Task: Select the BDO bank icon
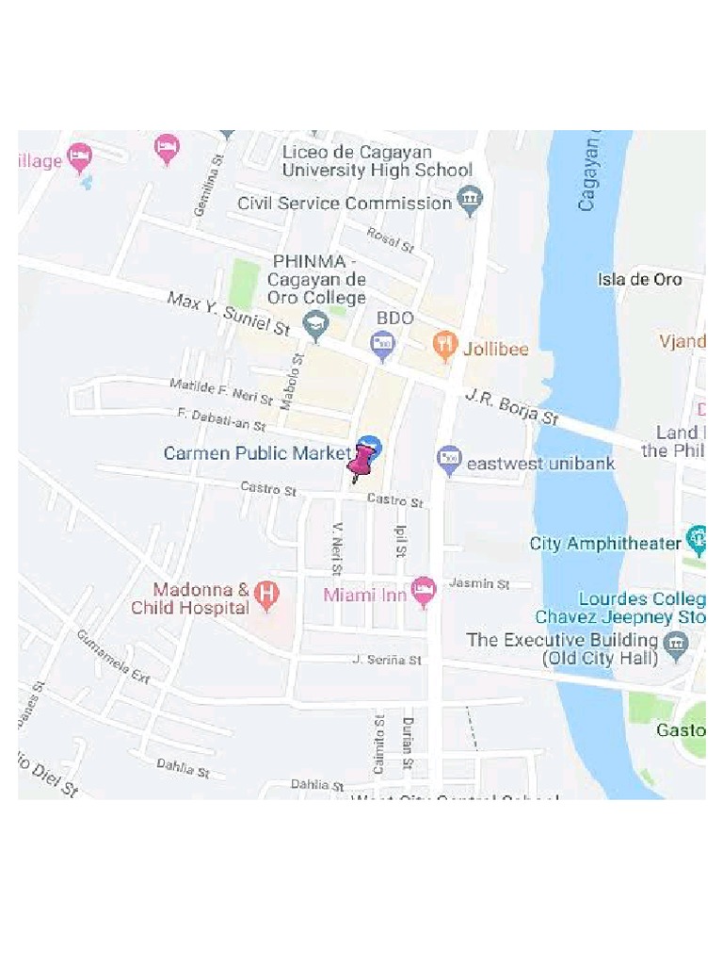coord(382,346)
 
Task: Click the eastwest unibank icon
coord(450,462)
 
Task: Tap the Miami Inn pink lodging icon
coord(425,592)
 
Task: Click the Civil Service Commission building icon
coord(469,201)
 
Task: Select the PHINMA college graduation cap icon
coord(314,327)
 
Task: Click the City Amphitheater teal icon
coord(698,541)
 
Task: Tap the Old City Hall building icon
coord(675,646)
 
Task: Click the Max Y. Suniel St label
coord(229,314)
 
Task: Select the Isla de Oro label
coord(639,279)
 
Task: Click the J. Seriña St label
coord(387,661)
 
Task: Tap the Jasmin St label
coord(478,584)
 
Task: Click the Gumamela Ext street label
coord(113,656)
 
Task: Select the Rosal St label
coord(390,239)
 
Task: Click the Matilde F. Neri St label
coord(221,391)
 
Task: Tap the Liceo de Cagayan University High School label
coord(377,161)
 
